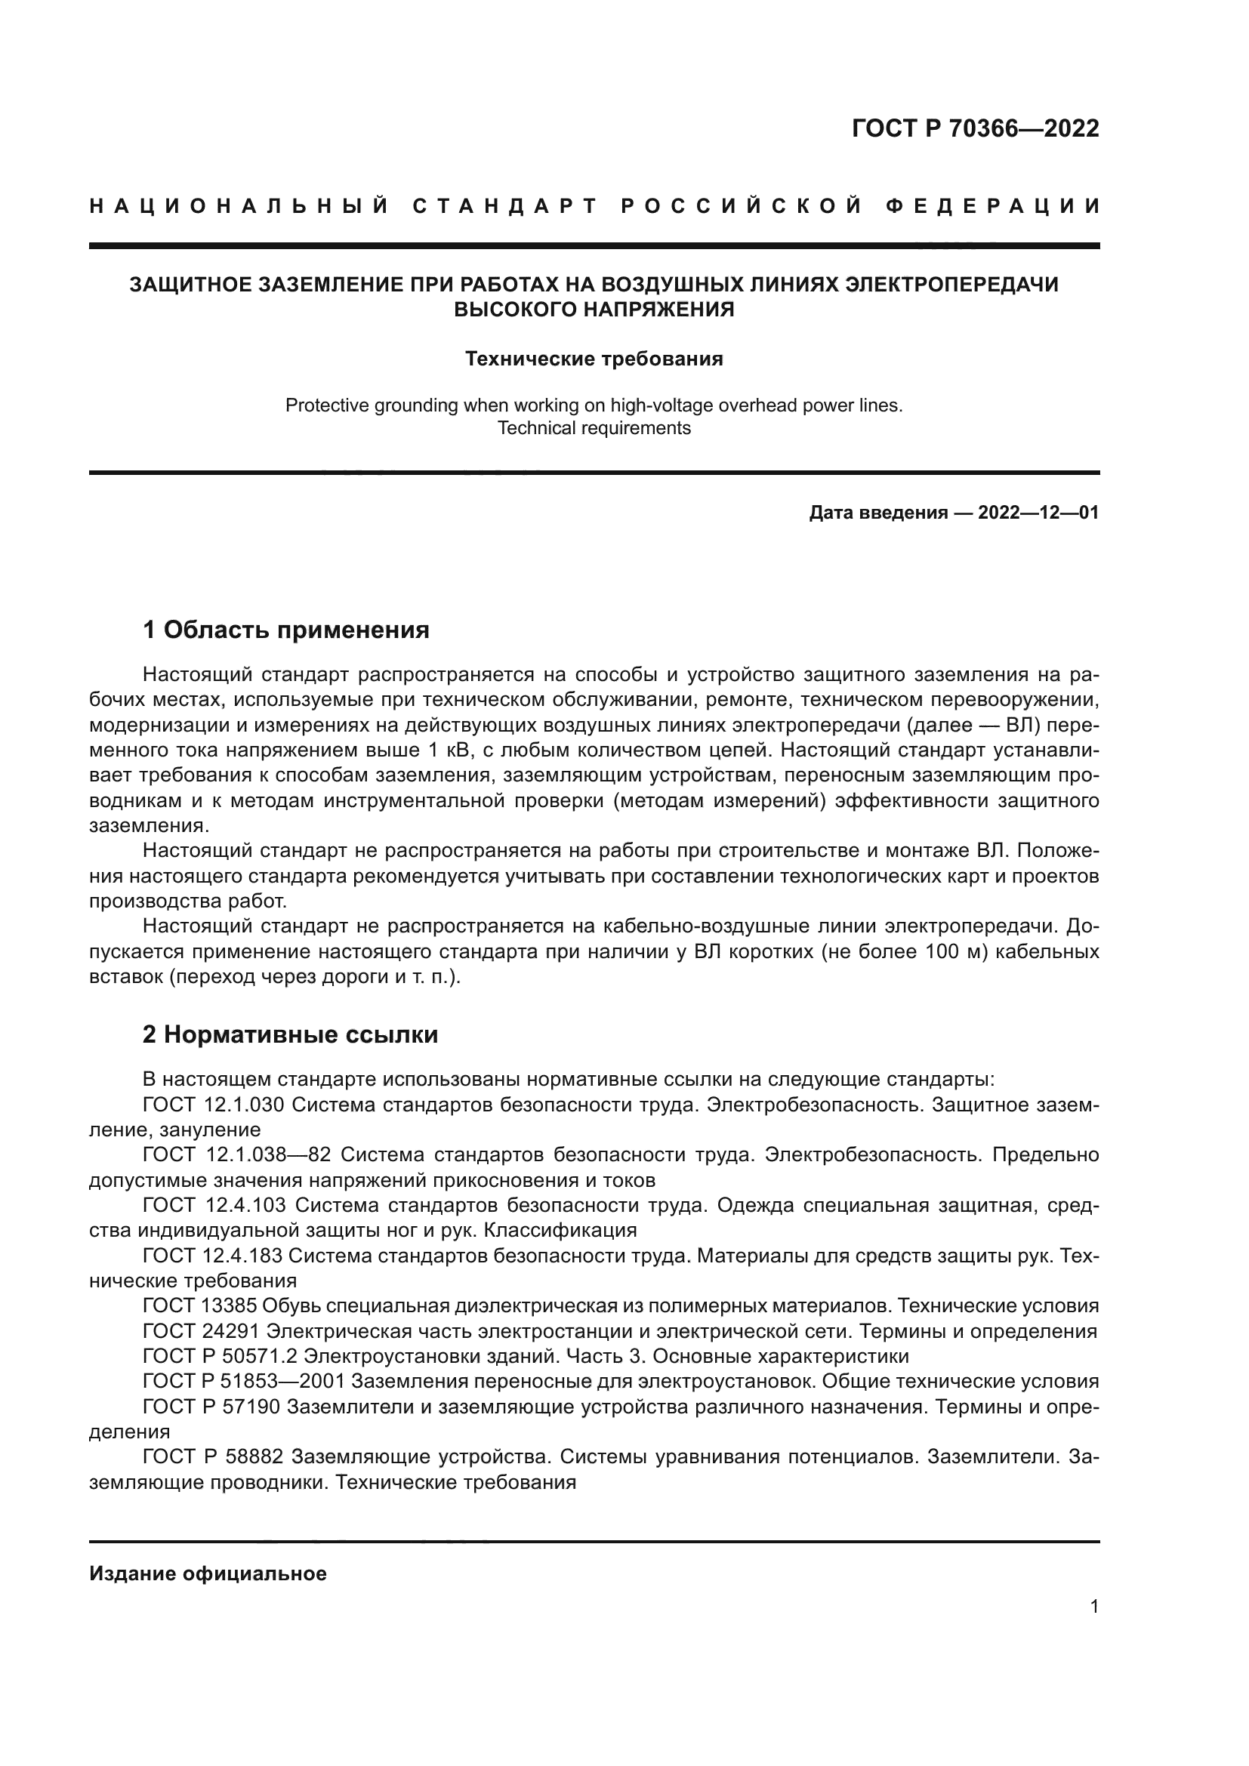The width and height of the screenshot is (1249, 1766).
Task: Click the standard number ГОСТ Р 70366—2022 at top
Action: click(975, 128)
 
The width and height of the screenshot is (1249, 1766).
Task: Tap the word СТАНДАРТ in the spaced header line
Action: click(505, 206)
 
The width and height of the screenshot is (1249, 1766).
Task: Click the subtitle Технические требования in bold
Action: click(594, 359)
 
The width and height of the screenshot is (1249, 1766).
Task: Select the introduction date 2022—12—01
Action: click(1038, 513)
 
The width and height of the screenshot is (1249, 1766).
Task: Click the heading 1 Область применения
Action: click(286, 630)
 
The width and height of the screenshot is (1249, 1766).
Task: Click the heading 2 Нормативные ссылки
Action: click(291, 1034)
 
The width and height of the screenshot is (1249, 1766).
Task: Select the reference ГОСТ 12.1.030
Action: click(214, 1105)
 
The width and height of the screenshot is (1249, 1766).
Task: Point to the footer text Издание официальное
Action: click(208, 1573)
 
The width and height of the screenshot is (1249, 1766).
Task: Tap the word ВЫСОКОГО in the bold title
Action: click(517, 310)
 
